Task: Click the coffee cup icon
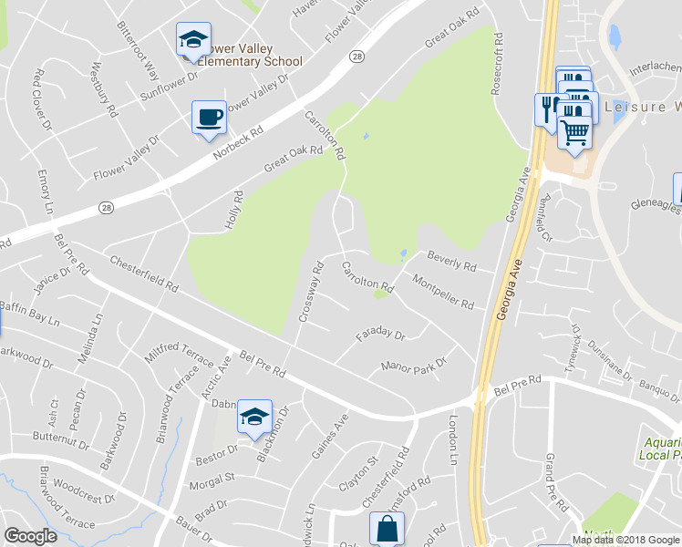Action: (x=210, y=118)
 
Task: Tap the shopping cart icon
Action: (x=574, y=131)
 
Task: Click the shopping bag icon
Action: (x=387, y=527)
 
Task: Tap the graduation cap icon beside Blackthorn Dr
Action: (x=254, y=416)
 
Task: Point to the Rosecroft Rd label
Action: (x=498, y=65)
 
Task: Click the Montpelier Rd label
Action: (x=443, y=291)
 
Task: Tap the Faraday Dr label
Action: (x=380, y=340)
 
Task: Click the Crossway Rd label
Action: (x=311, y=293)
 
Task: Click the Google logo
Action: (x=30, y=536)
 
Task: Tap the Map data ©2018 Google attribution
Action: (x=625, y=539)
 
